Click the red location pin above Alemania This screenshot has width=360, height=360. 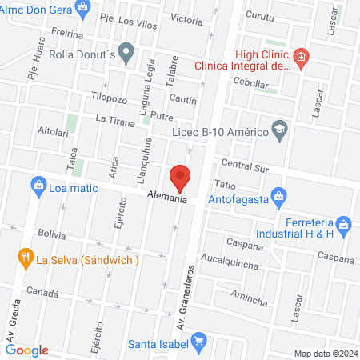pyautogui.click(x=180, y=177)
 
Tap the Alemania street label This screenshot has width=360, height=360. pyautogui.click(x=167, y=198)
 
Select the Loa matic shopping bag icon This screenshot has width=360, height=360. pyautogui.click(x=38, y=187)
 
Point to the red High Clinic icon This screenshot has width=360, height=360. pyautogui.click(x=301, y=57)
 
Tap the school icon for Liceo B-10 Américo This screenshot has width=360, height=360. pyautogui.click(x=279, y=129)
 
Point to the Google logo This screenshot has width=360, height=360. pyautogui.click(x=26, y=350)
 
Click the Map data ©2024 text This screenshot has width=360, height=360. pyautogui.click(x=324, y=353)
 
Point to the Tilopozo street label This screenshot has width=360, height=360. pyautogui.click(x=110, y=98)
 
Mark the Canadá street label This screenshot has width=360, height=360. pyautogui.click(x=43, y=293)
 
